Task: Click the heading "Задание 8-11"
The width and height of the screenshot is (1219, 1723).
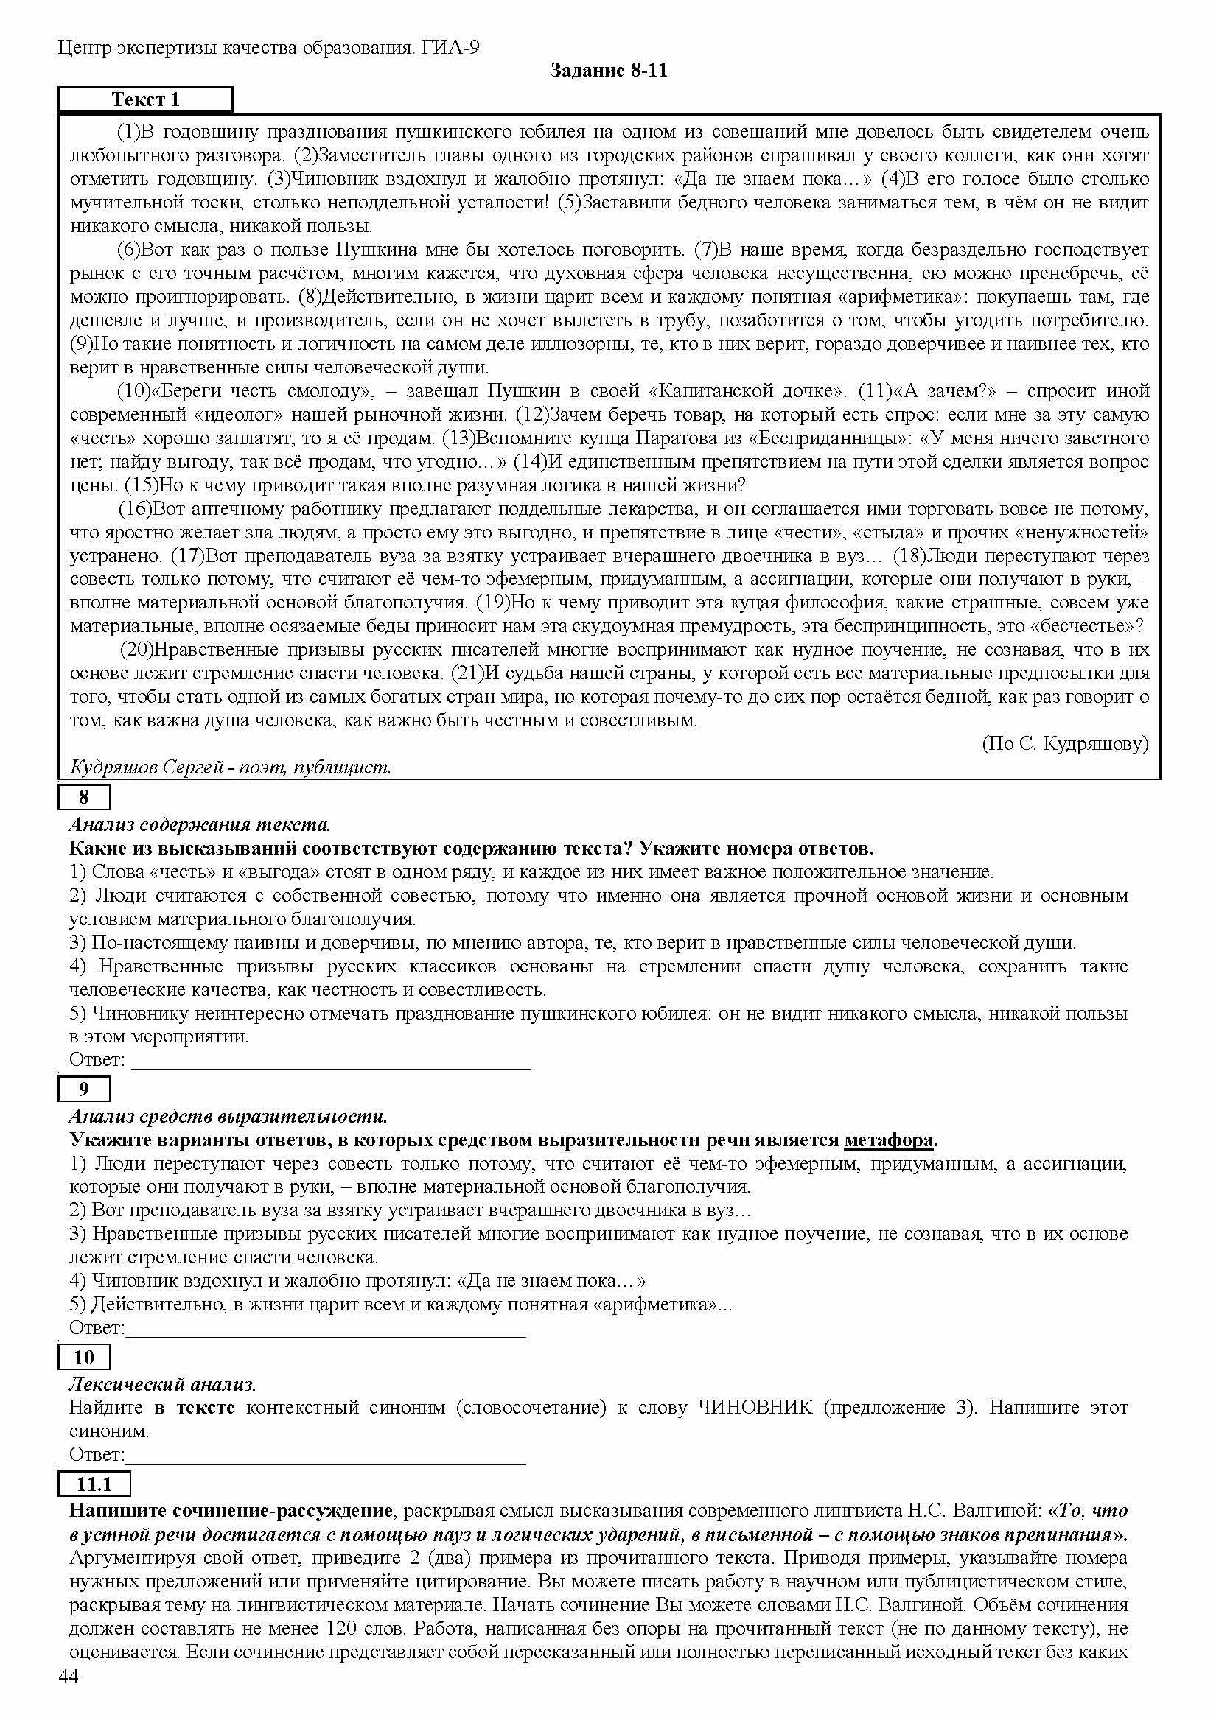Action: (609, 71)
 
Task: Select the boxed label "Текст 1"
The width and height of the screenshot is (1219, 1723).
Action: (146, 99)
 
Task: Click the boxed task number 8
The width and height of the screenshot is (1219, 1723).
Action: (84, 797)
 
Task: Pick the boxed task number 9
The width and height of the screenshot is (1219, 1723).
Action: (84, 1089)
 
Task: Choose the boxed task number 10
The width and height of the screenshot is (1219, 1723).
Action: (84, 1357)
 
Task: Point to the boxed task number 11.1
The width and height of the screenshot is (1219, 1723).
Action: (94, 1484)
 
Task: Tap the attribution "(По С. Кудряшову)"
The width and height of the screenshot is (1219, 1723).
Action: (1065, 744)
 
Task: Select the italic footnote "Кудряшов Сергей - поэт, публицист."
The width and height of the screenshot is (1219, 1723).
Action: (231, 767)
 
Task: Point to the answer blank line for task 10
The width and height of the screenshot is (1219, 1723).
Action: (325, 1463)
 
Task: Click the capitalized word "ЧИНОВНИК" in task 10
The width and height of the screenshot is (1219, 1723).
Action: (755, 1407)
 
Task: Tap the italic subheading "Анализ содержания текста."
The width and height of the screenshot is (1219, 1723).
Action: (200, 825)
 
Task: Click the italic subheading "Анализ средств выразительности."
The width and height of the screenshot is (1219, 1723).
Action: (228, 1117)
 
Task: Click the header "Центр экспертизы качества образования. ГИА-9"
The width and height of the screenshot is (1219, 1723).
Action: (269, 48)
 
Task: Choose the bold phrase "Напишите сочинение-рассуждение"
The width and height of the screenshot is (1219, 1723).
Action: (231, 1510)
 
